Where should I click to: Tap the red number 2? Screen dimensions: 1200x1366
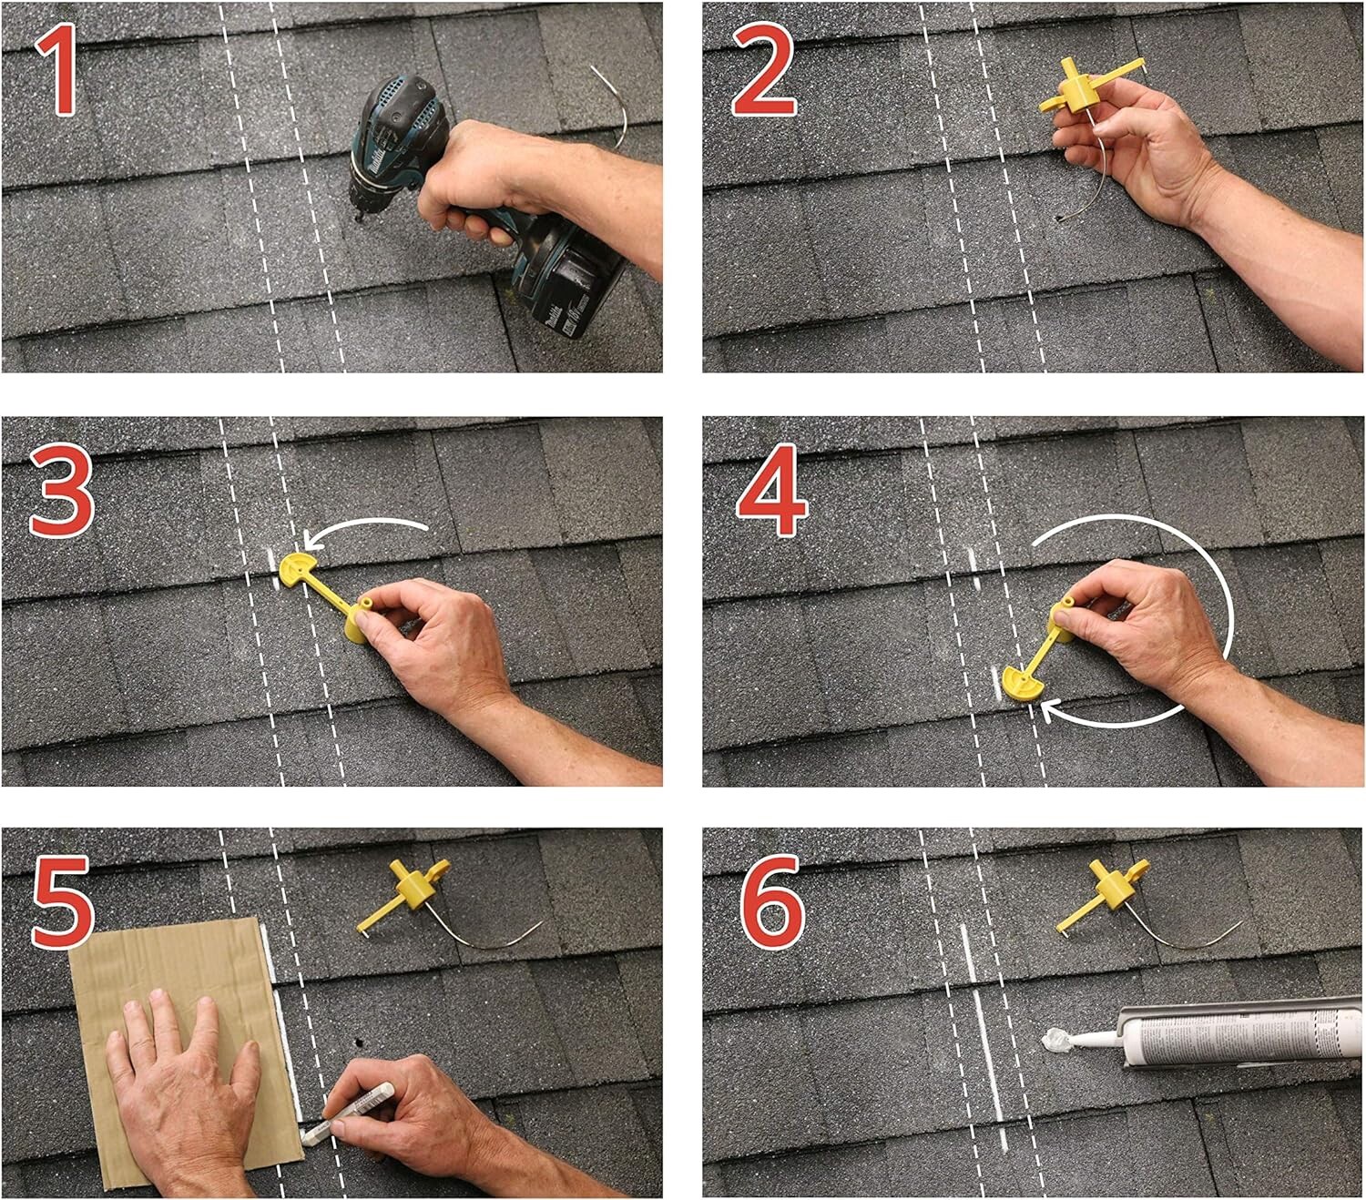pyautogui.click(x=764, y=71)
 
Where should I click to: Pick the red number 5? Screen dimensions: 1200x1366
pyautogui.click(x=62, y=901)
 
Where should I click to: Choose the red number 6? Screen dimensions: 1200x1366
pyautogui.click(x=772, y=901)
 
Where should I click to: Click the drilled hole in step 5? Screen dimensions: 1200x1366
pyautogui.click(x=362, y=1041)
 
